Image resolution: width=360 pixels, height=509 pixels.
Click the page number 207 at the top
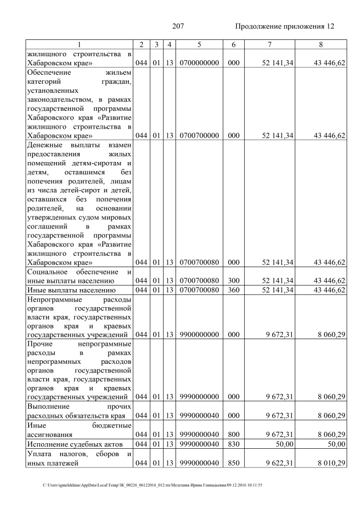click(x=178, y=26)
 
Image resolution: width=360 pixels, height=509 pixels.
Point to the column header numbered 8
click(x=320, y=44)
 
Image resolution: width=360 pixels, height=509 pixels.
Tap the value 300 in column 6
click(x=231, y=280)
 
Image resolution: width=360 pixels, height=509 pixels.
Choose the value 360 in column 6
click(x=231, y=290)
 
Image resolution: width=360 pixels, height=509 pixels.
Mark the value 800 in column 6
click(x=231, y=434)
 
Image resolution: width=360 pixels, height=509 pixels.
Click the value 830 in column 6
click(x=231, y=444)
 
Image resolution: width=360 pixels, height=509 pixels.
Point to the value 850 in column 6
click(x=231, y=463)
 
